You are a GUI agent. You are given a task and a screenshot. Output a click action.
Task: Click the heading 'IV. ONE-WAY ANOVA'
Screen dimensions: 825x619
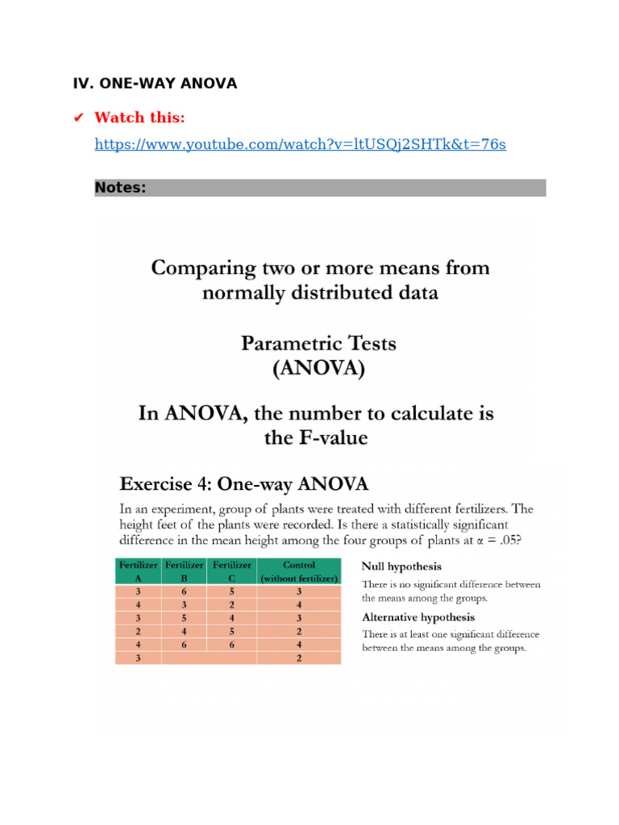155,83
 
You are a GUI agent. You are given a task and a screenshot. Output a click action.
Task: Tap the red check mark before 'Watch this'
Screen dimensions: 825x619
78,118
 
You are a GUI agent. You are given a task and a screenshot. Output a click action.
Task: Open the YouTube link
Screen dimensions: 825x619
300,144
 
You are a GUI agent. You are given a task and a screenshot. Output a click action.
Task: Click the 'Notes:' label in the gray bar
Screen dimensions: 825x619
120,188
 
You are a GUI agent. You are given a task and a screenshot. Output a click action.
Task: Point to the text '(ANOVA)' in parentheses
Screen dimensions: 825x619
319,370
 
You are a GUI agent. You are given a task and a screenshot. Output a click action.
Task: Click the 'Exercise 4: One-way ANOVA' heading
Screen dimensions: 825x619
244,484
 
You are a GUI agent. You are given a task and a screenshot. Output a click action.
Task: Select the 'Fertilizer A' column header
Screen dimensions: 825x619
139,571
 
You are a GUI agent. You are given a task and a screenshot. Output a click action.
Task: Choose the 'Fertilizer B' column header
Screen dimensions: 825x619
185,571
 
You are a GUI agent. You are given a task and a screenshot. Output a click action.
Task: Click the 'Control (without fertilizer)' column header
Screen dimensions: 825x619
299,571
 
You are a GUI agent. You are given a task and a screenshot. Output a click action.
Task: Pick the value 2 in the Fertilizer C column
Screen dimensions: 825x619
232,605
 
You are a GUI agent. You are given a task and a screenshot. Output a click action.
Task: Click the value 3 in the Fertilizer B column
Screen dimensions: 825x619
185,605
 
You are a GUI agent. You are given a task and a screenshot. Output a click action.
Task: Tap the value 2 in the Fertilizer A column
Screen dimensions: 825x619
139,632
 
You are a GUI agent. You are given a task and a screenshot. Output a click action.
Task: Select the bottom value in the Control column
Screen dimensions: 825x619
299,658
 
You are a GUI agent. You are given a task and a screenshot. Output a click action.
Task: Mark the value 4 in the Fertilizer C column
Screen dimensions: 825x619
232,618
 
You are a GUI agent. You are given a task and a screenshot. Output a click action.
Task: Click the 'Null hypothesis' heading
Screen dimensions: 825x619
401,566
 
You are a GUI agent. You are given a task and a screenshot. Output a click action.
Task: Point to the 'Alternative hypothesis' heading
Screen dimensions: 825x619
418,617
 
